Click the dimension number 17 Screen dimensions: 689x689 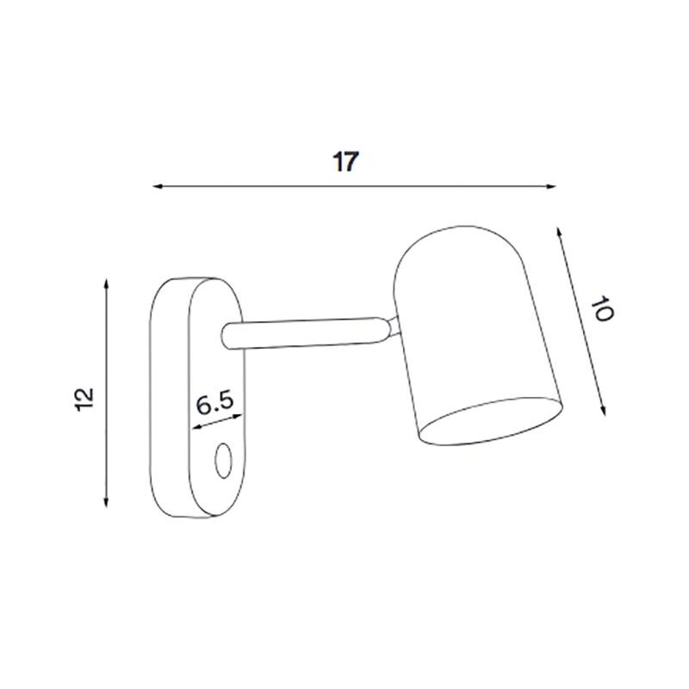point(344,162)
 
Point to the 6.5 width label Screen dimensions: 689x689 point(214,403)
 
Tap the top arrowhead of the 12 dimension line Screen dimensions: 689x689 point(106,282)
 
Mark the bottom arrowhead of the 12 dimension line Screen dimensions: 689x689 point(106,503)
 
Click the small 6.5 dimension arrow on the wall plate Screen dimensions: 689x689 point(217,422)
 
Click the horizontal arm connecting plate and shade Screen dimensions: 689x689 point(301,333)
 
